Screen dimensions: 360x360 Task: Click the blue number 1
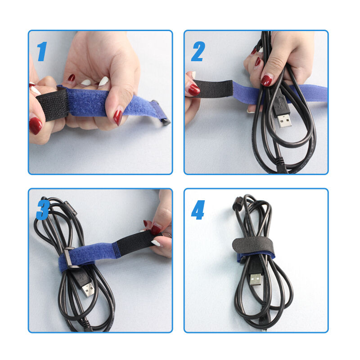point(42,52)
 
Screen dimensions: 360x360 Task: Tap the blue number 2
point(198,52)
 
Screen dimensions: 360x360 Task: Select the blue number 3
point(43,210)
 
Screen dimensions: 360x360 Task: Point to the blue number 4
point(198,210)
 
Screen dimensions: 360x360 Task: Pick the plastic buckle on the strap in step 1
point(162,112)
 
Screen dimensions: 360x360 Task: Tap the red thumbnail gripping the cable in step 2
point(266,81)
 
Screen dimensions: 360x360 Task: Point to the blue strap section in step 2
point(306,92)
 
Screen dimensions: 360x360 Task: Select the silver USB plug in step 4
point(256,279)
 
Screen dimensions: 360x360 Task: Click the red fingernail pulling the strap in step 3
point(156,229)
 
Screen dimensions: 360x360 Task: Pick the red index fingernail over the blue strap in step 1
point(118,117)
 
